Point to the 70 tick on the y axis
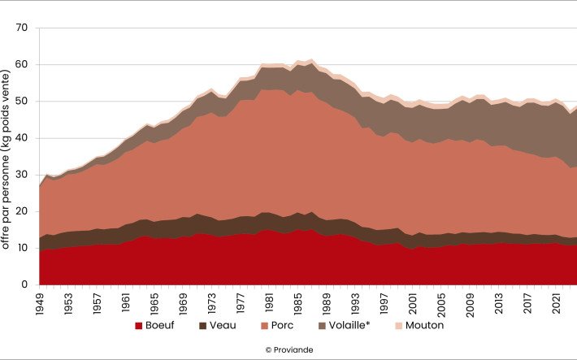[x=21, y=28]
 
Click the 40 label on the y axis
[x=21, y=138]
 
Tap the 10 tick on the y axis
[x=21, y=249]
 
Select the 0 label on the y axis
[x=24, y=285]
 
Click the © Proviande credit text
[x=288, y=349]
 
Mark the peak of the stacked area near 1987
[x=311, y=59]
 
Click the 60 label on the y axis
[x=21, y=64]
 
